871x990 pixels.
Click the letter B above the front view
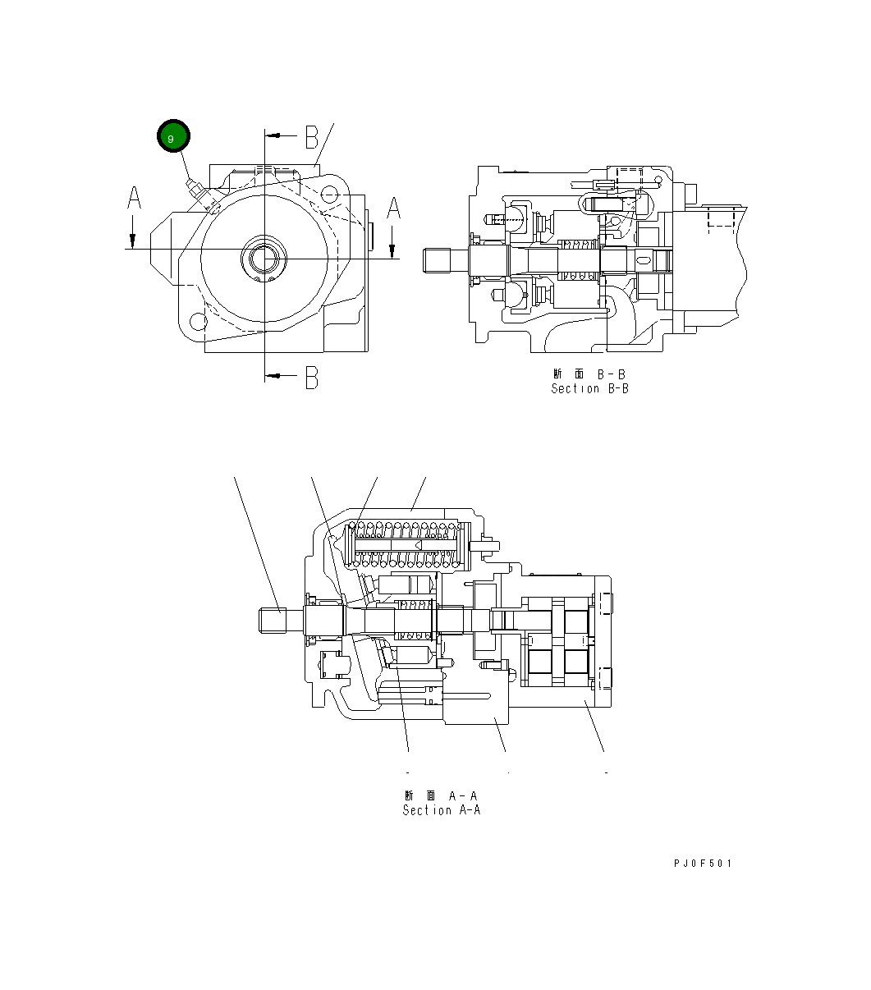pos(311,137)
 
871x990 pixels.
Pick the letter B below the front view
pos(311,377)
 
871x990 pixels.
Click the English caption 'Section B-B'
pos(589,388)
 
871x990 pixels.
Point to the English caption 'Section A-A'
pos(441,810)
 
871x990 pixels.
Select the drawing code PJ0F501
pos(702,863)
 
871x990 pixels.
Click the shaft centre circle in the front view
pos(264,259)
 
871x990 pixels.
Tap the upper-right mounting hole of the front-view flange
pos(328,195)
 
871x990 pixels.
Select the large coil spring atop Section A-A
pos(403,544)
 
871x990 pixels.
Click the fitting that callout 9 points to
pos(198,189)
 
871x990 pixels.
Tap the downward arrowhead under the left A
pos(131,241)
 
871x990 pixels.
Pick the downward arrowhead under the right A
pos(392,251)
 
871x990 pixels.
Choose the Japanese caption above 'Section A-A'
pos(441,795)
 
